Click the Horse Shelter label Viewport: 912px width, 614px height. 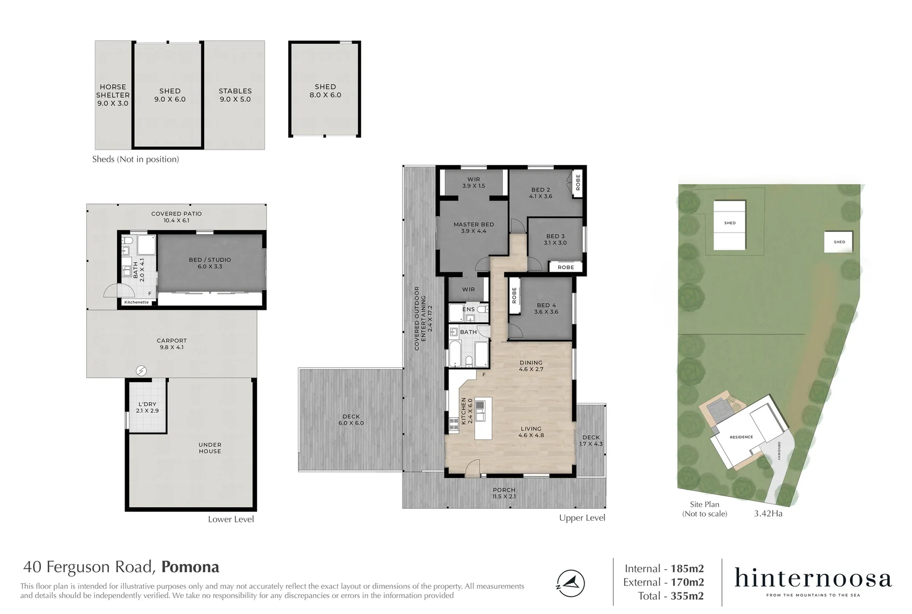click(x=113, y=95)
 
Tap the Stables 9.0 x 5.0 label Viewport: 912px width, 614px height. click(x=235, y=95)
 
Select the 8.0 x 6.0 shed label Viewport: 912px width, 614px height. click(x=325, y=91)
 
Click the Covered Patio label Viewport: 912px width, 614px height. click(x=176, y=217)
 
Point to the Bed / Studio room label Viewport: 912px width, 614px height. click(x=210, y=263)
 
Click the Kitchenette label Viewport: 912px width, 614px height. click(x=136, y=302)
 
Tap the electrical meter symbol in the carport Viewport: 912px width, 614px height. click(x=141, y=371)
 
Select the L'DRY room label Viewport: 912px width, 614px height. click(x=147, y=407)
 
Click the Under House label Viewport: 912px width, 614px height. click(x=210, y=448)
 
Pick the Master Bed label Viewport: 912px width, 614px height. click(x=474, y=227)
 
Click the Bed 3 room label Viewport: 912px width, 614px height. click(x=556, y=239)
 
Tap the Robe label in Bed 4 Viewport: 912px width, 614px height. click(x=514, y=295)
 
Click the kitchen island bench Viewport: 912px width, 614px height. click(x=483, y=418)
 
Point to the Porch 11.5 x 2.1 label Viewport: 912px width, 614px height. click(x=504, y=493)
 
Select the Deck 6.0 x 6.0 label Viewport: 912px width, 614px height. click(x=351, y=420)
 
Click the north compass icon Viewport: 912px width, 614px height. click(x=570, y=583)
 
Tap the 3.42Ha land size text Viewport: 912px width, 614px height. click(x=768, y=513)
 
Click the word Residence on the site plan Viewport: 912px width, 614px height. click(x=741, y=437)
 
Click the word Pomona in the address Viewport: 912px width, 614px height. click(x=190, y=567)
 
